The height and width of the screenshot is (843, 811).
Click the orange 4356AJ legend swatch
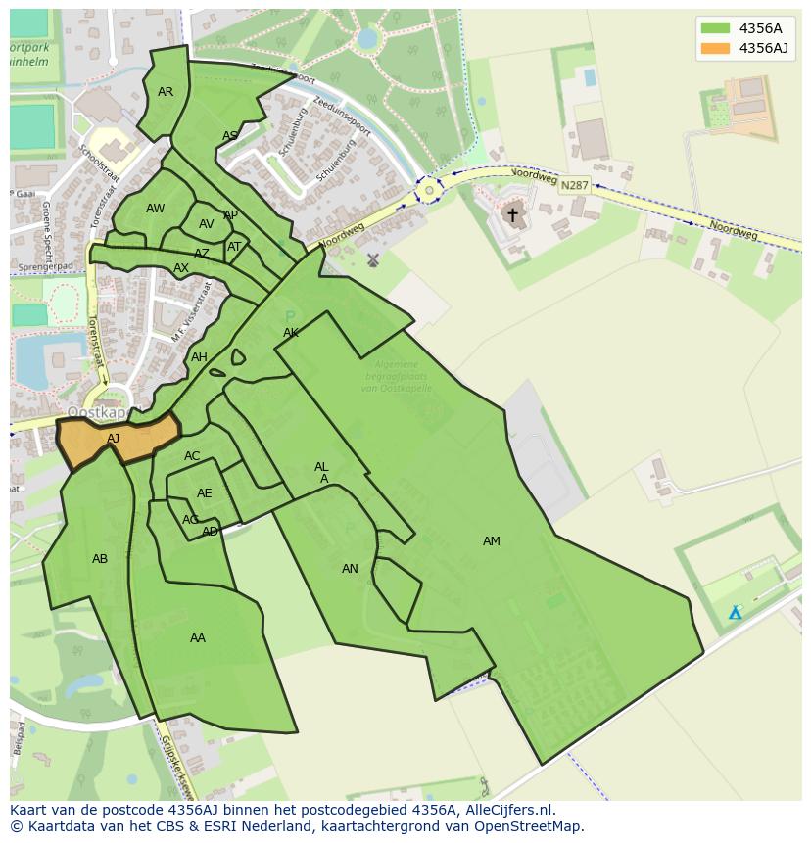[x=716, y=48]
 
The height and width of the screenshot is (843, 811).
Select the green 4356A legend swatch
[x=716, y=28]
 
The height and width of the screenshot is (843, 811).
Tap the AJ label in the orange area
[x=114, y=439]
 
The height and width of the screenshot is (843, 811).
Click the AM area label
[x=492, y=541]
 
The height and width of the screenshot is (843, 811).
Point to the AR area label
[x=166, y=92]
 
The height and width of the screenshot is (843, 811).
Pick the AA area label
[x=198, y=638]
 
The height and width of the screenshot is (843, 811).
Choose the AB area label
[x=100, y=559]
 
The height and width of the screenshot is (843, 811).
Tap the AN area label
[x=350, y=569]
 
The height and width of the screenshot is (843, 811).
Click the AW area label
[x=155, y=209]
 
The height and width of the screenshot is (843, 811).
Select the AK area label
[x=291, y=333]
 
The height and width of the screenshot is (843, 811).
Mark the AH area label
[x=199, y=357]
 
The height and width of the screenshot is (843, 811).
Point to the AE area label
[x=204, y=493]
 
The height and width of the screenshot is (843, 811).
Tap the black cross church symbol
[x=512, y=214]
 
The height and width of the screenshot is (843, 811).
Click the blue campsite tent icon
[x=735, y=613]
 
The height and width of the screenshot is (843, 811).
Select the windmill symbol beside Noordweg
[x=372, y=260]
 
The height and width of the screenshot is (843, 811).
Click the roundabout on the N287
[x=428, y=190]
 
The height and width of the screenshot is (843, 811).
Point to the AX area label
[x=181, y=268]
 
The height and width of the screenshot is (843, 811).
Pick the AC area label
[x=192, y=456]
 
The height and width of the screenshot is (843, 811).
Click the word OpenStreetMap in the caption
[x=528, y=826]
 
